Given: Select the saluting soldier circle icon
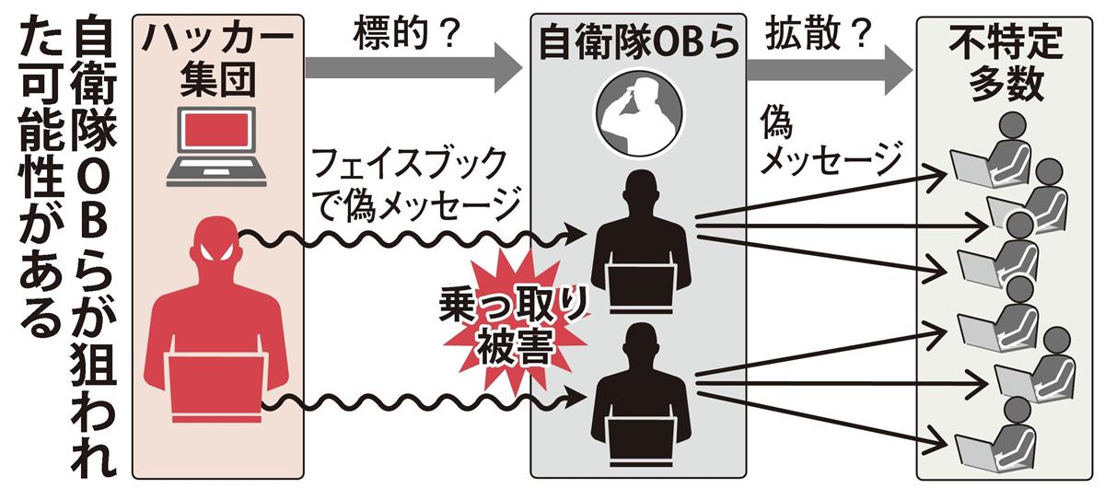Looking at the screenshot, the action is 638,111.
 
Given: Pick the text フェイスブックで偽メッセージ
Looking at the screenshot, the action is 410,184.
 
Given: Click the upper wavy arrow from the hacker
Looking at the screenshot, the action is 405,240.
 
